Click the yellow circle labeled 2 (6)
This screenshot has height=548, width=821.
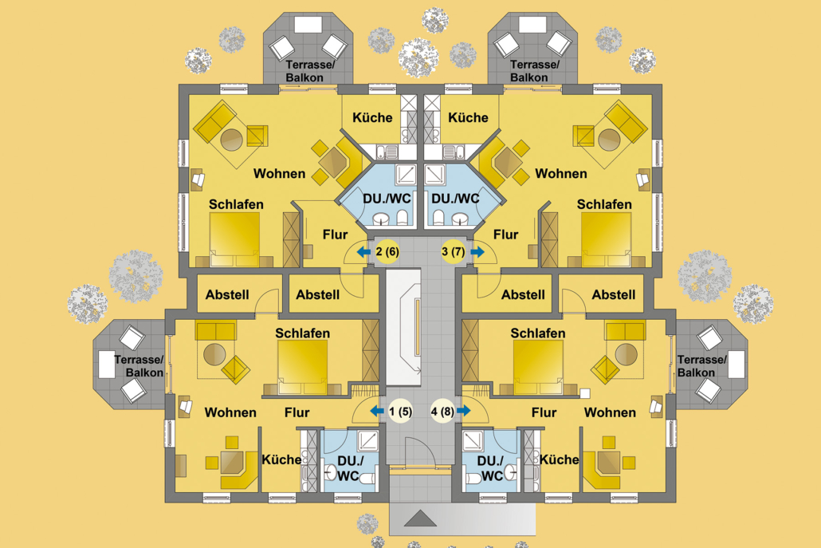387,252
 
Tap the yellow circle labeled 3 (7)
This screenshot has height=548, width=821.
453,252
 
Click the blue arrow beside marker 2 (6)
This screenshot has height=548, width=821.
363,252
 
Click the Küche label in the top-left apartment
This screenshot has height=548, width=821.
372,118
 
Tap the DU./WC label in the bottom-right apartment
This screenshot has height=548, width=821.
492,468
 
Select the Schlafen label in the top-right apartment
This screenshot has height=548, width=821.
604,205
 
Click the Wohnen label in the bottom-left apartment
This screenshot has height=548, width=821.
230,412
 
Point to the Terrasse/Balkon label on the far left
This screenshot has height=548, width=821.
139,366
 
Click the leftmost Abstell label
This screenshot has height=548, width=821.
227,294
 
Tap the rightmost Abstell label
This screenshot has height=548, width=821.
613,294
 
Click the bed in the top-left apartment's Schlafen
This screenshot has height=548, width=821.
234,239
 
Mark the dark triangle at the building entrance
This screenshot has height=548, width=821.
420,519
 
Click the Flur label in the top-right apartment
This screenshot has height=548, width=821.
505,235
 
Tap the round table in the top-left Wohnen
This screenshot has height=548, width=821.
231,140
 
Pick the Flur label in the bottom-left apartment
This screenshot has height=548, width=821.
297,412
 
